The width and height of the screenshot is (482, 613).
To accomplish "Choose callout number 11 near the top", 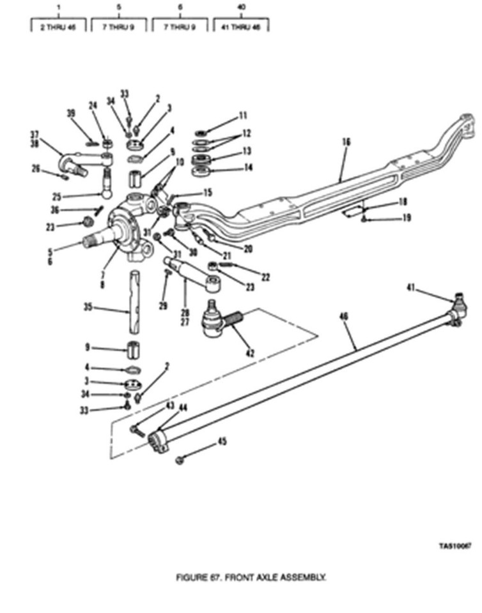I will (x=243, y=116).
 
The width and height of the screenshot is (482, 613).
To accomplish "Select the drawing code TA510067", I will (x=455, y=547).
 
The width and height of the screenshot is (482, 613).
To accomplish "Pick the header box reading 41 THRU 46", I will (x=242, y=27).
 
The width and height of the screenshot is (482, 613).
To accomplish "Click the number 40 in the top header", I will (x=242, y=7).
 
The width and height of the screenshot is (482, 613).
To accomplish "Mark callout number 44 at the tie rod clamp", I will (x=166, y=407).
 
